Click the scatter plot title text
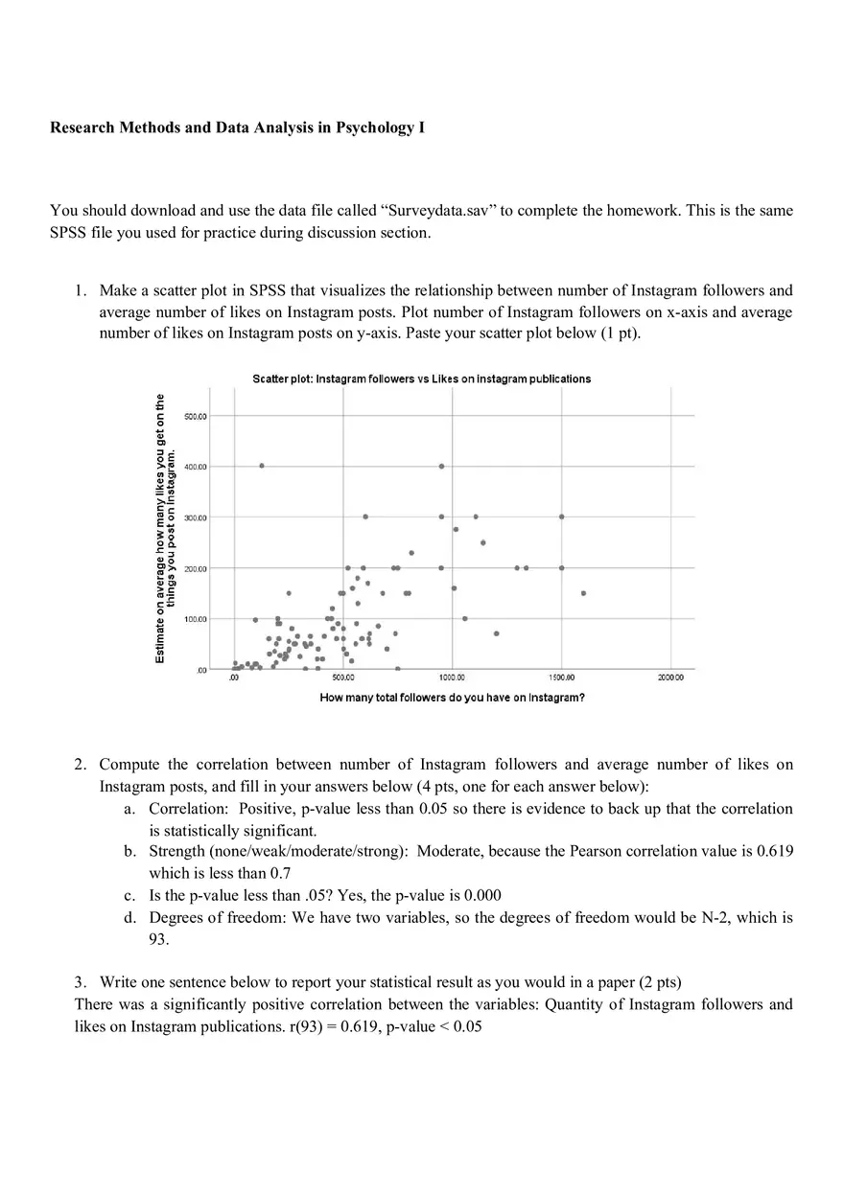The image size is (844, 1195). click(x=421, y=379)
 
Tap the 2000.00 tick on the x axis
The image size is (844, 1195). click(x=670, y=678)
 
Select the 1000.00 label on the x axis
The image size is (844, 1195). click(x=451, y=678)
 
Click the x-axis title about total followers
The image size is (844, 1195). click(x=452, y=698)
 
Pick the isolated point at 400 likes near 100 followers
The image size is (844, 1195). click(x=261, y=466)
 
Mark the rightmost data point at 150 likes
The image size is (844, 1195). click(x=583, y=593)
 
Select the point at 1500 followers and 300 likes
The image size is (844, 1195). click(x=561, y=517)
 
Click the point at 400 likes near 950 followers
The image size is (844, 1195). click(x=441, y=466)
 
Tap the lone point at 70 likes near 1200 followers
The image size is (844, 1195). click(x=496, y=633)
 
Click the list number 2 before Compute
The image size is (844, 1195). click(x=80, y=764)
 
